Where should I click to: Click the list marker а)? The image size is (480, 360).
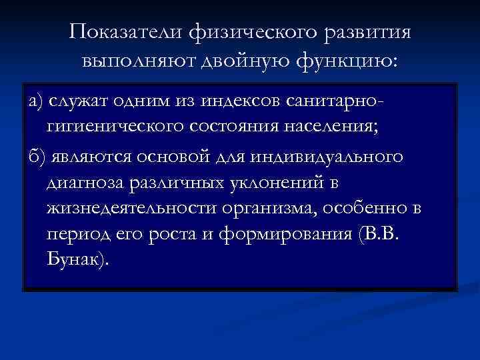[x=35, y=100]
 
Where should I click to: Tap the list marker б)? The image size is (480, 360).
[x=35, y=156]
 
